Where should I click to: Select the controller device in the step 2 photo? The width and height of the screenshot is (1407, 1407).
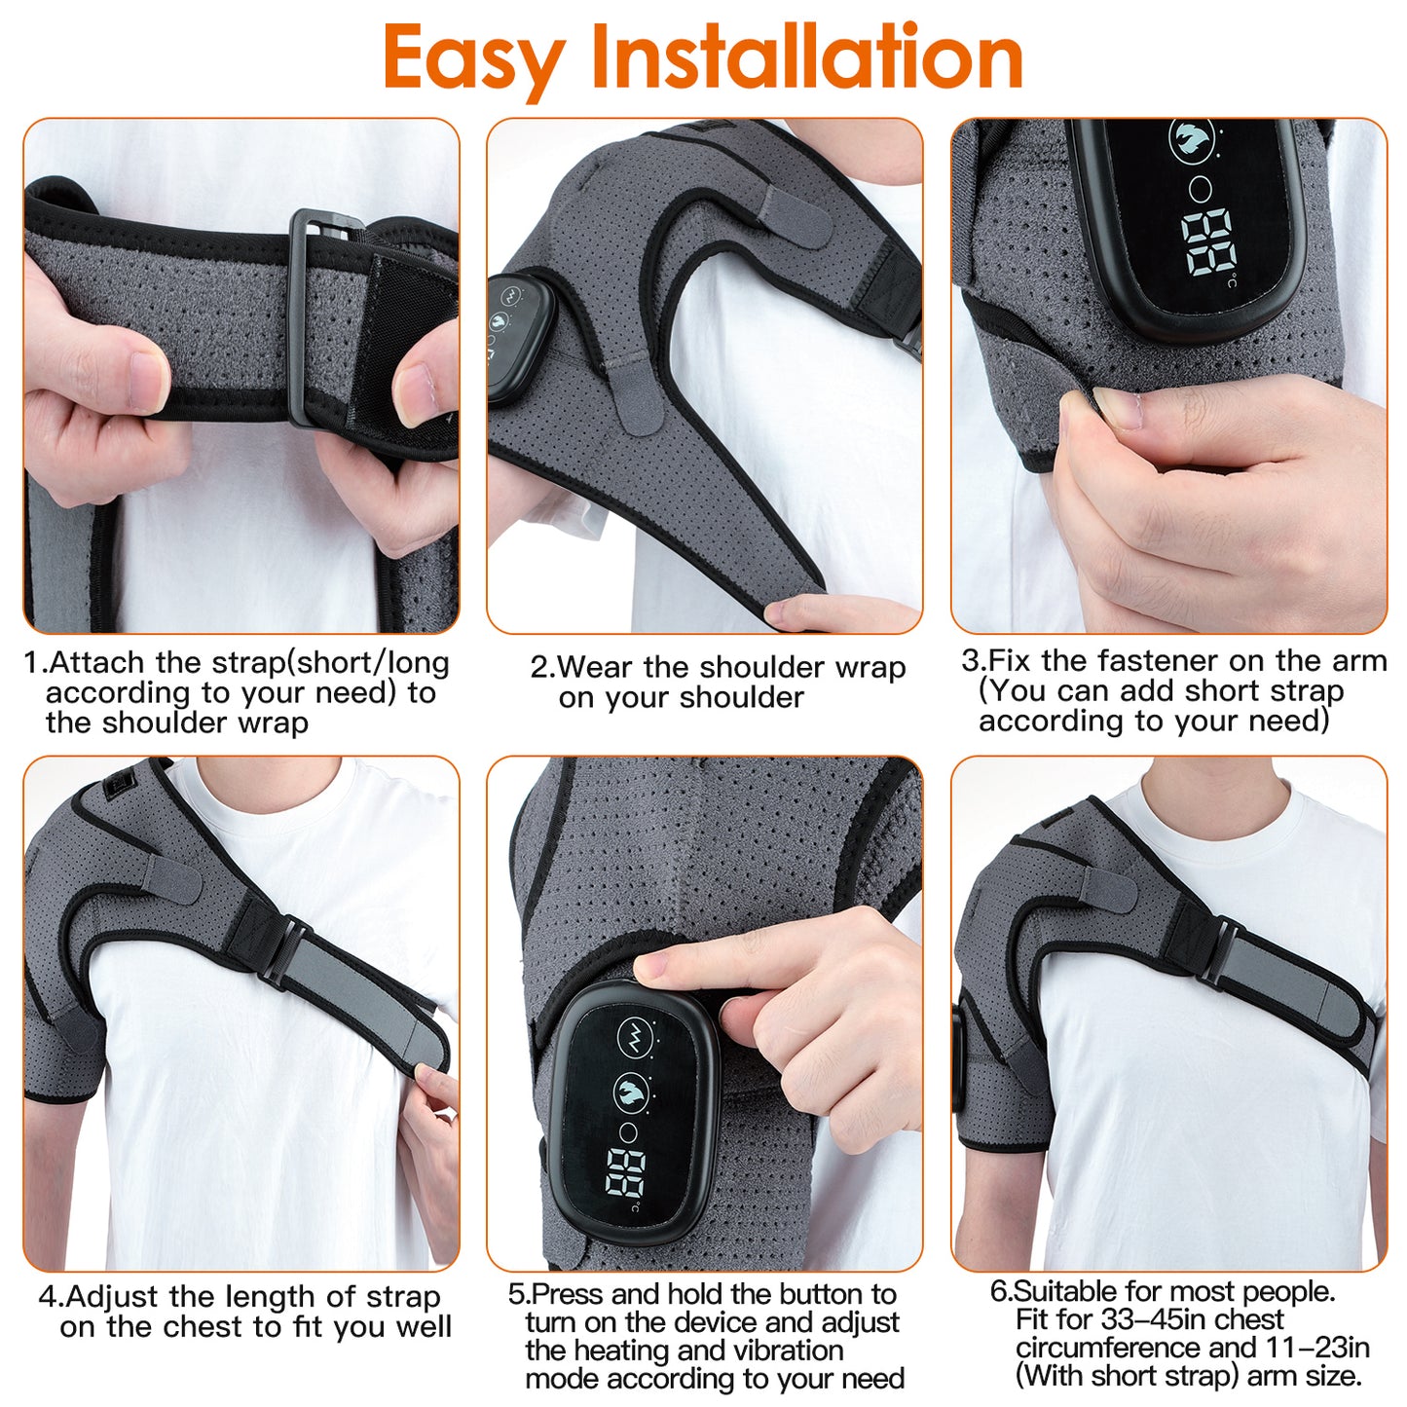[519, 336]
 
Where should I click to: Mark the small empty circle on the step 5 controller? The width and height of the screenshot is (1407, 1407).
[629, 1132]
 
